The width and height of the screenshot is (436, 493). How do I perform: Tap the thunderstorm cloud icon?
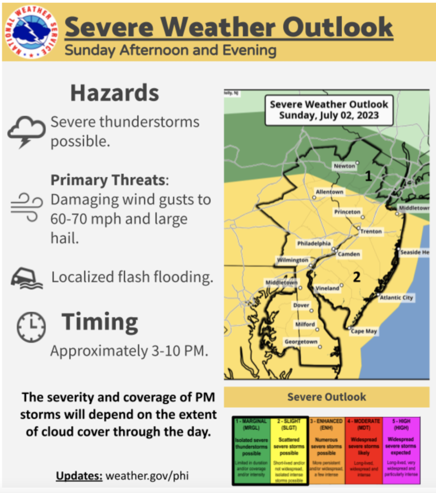pyautogui.click(x=26, y=131)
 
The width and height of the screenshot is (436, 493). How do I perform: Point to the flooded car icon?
pyautogui.click(x=26, y=278)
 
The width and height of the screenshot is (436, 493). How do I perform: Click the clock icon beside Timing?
pyautogui.click(x=31, y=328)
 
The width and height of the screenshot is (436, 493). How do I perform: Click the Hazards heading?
pyautogui.click(x=115, y=93)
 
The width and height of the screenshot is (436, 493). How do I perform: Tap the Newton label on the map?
pyautogui.click(x=344, y=166)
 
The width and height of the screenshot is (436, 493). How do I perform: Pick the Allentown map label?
pyautogui.click(x=329, y=192)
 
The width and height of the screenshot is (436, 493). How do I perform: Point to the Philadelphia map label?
pyautogui.click(x=314, y=243)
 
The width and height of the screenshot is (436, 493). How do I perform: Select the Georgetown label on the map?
pyautogui.click(x=301, y=342)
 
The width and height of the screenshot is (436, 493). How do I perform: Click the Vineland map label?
pyautogui.click(x=327, y=288)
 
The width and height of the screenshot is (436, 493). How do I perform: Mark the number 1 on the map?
pyautogui.click(x=368, y=177)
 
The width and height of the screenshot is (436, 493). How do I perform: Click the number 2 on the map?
pyautogui.click(x=357, y=277)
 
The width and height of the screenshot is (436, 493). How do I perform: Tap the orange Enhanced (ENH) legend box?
pyautogui.click(x=326, y=443)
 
